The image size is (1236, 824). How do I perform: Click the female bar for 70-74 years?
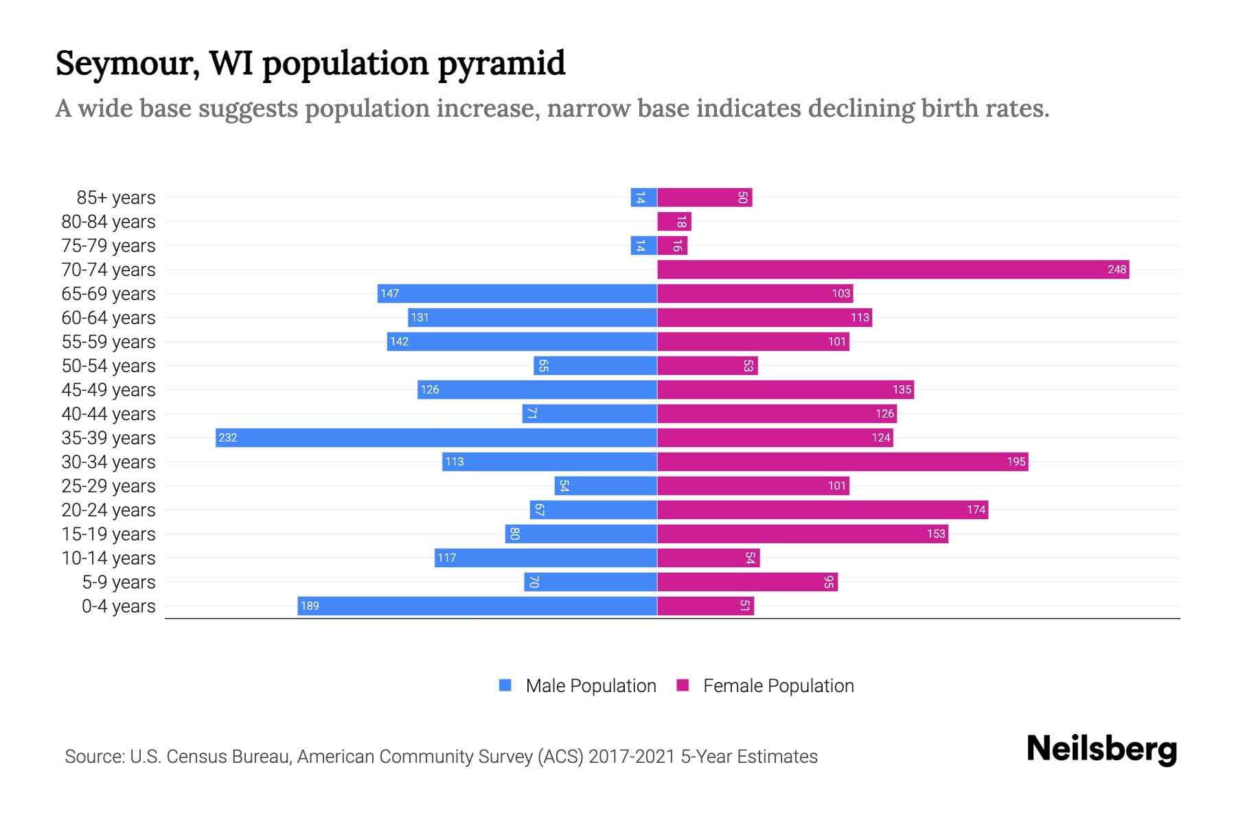pyautogui.click(x=893, y=269)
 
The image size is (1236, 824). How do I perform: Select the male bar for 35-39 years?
pyautogui.click(x=436, y=437)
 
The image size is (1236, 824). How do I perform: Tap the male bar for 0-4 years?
pyautogui.click(x=477, y=606)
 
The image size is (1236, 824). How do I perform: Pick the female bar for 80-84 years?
pyautogui.click(x=674, y=221)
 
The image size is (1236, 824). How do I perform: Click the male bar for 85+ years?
pyautogui.click(x=643, y=197)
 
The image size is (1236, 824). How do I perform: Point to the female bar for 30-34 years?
pyautogui.click(x=843, y=461)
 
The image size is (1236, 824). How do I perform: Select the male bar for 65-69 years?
pyautogui.click(x=517, y=293)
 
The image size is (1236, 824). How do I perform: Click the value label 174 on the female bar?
pyautogui.click(x=976, y=510)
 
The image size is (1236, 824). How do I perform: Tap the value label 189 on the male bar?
pyautogui.click(x=310, y=606)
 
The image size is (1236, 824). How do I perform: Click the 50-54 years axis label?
pyautogui.click(x=108, y=365)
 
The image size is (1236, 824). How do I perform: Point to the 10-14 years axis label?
pyautogui.click(x=108, y=558)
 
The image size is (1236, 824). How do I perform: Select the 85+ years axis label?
pyautogui.click(x=116, y=197)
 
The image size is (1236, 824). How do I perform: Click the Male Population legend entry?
pyautogui.click(x=590, y=685)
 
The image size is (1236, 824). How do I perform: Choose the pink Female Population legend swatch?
pyautogui.click(x=683, y=685)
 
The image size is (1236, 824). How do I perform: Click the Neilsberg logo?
pyautogui.click(x=1101, y=749)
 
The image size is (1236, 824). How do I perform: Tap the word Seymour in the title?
pyautogui.click(x=128, y=63)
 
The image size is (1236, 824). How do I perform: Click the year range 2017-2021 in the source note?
pyautogui.click(x=632, y=756)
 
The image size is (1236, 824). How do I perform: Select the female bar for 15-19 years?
pyautogui.click(x=802, y=534)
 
